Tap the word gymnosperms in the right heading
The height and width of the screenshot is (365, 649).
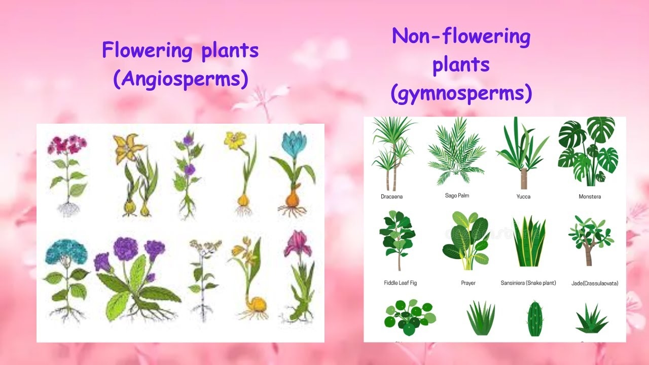click(x=461, y=94)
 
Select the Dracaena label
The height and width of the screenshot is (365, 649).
click(x=391, y=197)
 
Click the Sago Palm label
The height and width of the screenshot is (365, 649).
click(x=457, y=195)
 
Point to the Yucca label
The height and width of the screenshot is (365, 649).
click(x=523, y=197)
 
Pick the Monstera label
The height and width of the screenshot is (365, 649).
click(x=590, y=197)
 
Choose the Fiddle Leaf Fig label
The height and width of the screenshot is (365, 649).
click(x=400, y=283)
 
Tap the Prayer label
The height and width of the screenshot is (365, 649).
click(x=468, y=283)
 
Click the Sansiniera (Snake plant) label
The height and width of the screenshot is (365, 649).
click(x=528, y=283)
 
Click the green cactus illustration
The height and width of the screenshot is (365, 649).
click(x=534, y=318)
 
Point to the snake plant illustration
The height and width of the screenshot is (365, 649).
click(x=529, y=242)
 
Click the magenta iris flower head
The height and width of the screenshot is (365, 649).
click(x=298, y=243)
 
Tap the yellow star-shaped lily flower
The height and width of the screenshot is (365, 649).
click(x=125, y=148)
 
